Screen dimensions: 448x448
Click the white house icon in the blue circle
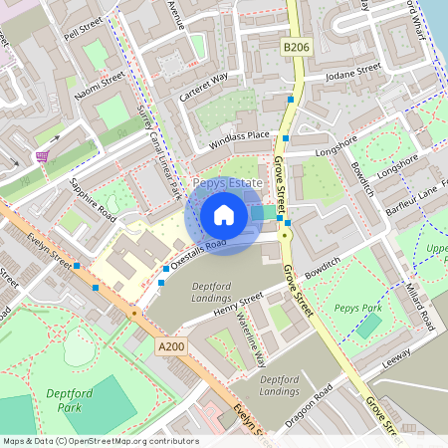[224, 215]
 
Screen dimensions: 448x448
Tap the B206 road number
[296, 46]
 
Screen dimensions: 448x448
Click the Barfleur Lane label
[413, 192]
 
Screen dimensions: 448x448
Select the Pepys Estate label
[228, 184]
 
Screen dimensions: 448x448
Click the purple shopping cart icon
[42, 156]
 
